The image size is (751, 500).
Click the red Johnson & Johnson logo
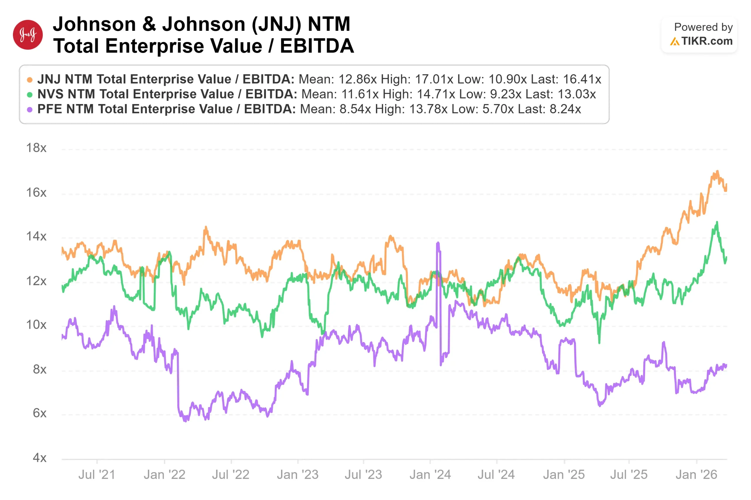(28, 35)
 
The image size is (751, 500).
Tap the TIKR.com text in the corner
(707, 41)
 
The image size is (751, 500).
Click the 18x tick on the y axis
(36, 148)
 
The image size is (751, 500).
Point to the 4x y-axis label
(40, 458)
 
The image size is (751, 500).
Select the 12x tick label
(36, 281)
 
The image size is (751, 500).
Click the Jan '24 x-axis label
(430, 475)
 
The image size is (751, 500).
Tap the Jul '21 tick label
(97, 475)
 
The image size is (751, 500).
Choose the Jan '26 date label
(696, 475)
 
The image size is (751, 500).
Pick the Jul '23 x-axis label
(363, 475)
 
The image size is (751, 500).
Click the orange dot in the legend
(30, 80)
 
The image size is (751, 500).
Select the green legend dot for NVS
(30, 95)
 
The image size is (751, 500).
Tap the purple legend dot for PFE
(30, 110)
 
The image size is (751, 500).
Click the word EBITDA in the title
(317, 46)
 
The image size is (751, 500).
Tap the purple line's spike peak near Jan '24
(438, 243)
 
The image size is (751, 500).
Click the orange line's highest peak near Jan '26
(717, 171)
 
